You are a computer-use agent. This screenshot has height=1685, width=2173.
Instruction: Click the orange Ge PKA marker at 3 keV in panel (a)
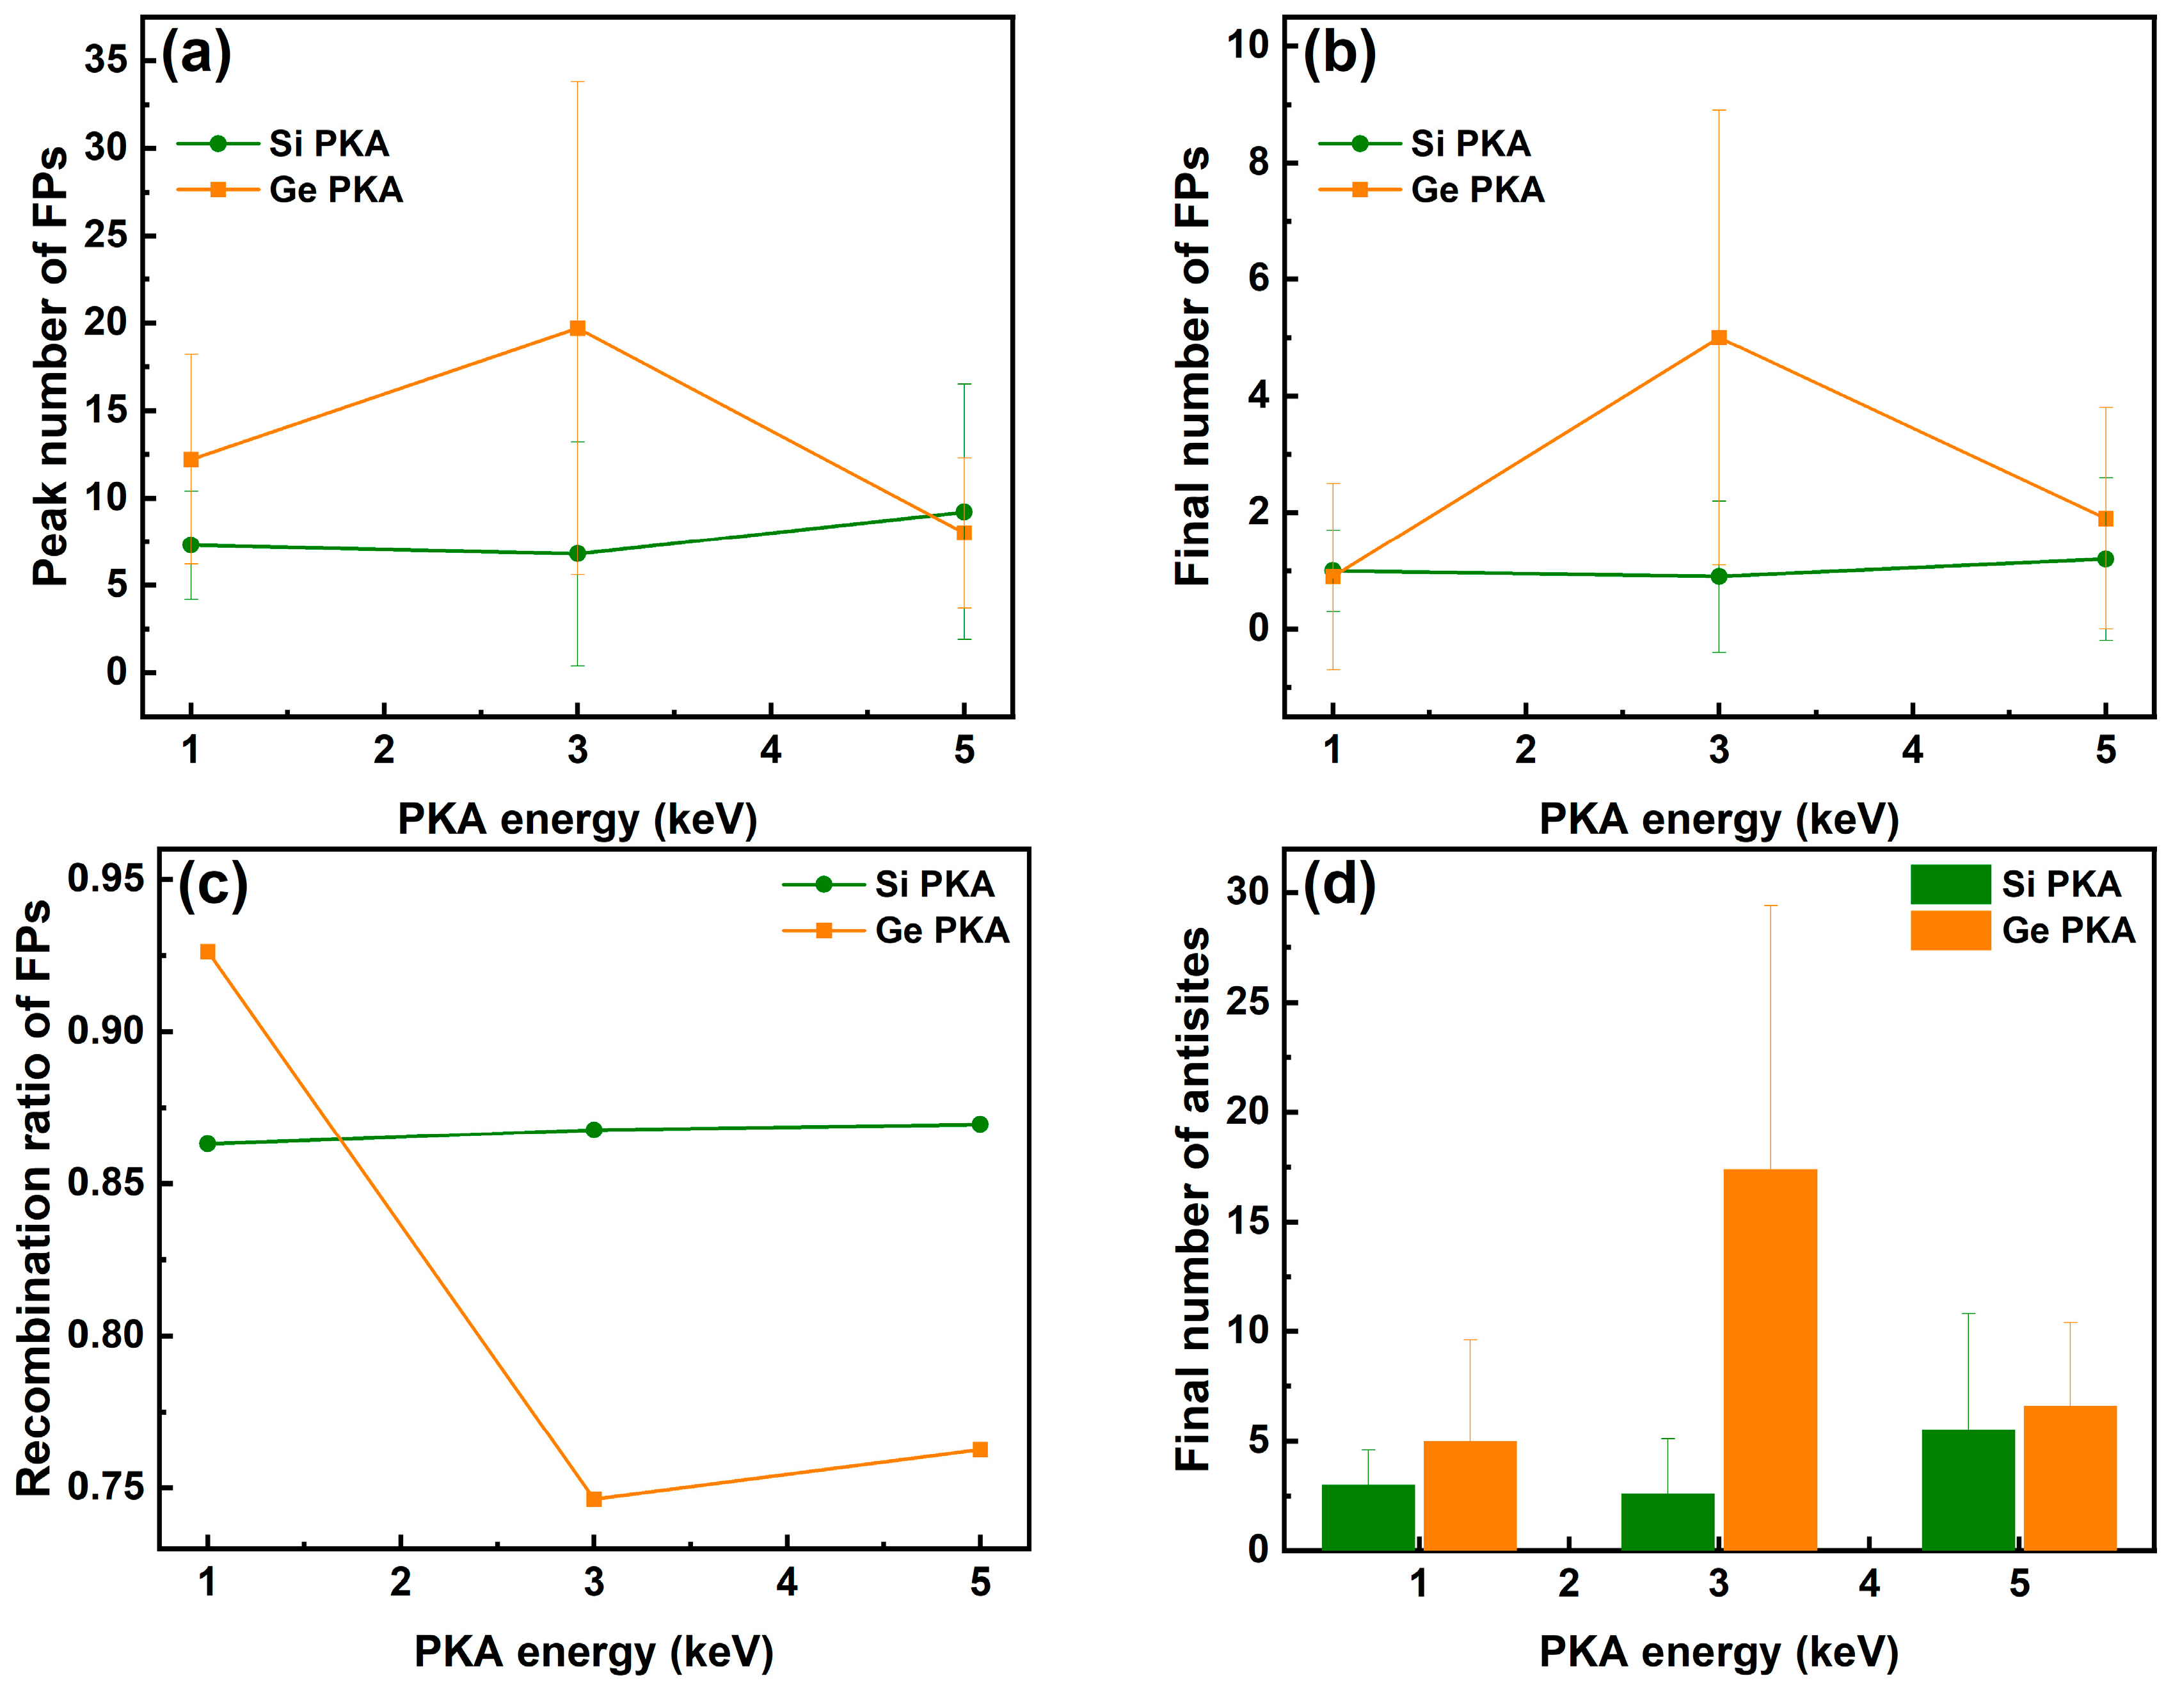coord(577,328)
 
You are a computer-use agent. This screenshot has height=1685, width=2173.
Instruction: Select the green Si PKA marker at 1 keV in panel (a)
coord(191,545)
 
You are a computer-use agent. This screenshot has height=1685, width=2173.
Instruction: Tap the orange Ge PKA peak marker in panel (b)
coord(1718,337)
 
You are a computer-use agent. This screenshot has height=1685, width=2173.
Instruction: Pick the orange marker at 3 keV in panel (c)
coord(594,1499)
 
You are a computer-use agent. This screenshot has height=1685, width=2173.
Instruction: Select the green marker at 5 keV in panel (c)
coord(980,1124)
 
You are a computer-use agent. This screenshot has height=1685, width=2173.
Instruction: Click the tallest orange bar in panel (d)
coord(1770,1359)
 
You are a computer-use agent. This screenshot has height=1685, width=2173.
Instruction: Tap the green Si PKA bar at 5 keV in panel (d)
coord(1968,1489)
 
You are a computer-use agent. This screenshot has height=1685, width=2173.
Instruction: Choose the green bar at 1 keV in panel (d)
coord(1368,1517)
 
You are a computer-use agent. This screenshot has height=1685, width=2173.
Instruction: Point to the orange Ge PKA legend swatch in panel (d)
coord(1950,930)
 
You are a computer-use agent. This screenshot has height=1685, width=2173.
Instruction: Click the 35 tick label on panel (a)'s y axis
coord(106,60)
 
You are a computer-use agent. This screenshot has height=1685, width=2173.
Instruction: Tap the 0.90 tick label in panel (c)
coord(106,1031)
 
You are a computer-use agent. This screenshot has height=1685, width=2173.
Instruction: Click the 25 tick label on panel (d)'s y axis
coord(1248,1002)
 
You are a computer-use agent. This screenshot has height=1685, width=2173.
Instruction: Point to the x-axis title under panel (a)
coord(577,819)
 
